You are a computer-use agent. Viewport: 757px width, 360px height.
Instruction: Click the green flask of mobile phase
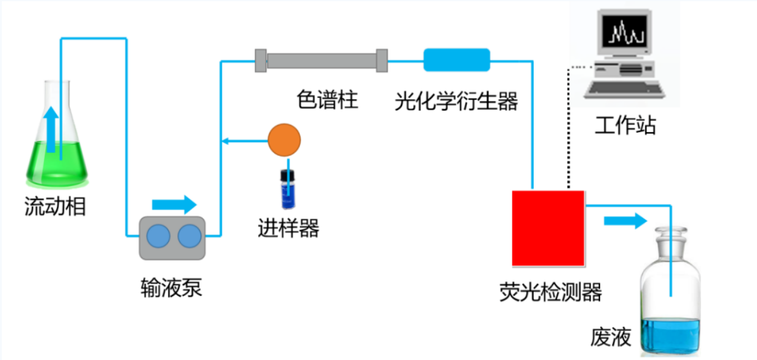point(57,160)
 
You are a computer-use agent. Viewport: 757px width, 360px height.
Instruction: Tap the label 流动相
point(55,207)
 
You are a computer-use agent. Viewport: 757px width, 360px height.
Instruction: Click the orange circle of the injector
point(284,139)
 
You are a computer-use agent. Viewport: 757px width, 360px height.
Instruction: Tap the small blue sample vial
point(287,188)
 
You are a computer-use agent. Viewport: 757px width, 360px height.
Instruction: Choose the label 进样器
point(288,228)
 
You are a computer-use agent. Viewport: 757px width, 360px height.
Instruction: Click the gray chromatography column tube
point(321,60)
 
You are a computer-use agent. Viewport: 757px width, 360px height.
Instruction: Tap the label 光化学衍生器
point(456,101)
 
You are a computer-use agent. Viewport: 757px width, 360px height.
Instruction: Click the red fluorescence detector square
point(548,228)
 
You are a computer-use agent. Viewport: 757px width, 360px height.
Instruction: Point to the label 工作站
point(625,126)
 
